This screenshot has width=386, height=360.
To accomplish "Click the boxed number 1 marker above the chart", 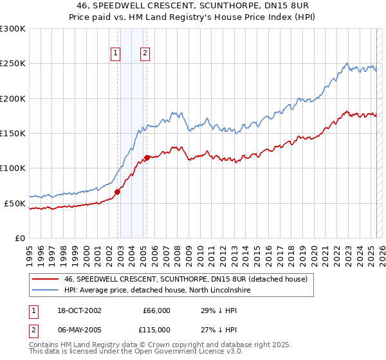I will pyautogui.click(x=116, y=54).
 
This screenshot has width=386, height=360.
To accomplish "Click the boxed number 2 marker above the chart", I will pyautogui.click(x=145, y=54).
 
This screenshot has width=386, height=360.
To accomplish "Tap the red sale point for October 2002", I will pyautogui.click(x=118, y=192).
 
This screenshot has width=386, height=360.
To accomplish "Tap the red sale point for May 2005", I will pyautogui.click(x=147, y=157).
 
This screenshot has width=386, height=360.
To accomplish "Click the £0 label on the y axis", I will pyautogui.click(x=19, y=238).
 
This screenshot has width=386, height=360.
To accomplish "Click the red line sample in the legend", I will pyautogui.click(x=44, y=279).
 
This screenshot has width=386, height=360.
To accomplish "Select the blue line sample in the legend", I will pyautogui.click(x=44, y=290).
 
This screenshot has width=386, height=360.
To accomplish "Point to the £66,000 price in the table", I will pyautogui.click(x=156, y=310).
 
